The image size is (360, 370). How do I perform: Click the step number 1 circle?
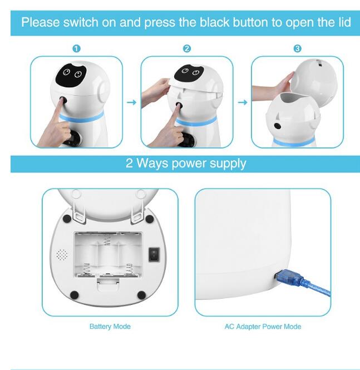pyautogui.click(x=76, y=49)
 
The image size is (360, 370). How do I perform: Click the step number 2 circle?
pyautogui.click(x=187, y=49)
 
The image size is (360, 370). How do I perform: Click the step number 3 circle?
pyautogui.click(x=297, y=49)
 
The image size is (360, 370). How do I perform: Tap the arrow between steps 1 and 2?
pyautogui.click(x=131, y=102)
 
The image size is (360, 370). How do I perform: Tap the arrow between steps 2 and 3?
pyautogui.click(x=242, y=102)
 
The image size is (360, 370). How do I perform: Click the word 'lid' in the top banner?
pyautogui.click(x=344, y=23)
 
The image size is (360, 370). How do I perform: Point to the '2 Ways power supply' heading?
pyautogui.click(x=185, y=164)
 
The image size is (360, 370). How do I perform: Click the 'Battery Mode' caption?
pyautogui.click(x=110, y=326)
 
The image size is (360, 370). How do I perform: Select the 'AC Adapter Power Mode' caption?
pyautogui.click(x=263, y=326)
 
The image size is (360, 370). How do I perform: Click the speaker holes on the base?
pyautogui.click(x=62, y=255)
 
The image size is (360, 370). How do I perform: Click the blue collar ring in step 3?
pyautogui.click(x=289, y=142)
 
